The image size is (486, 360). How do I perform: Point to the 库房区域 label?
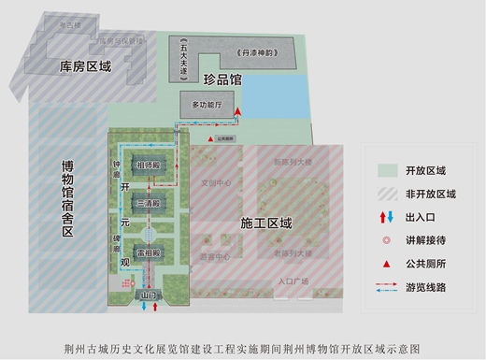(x=85, y=66)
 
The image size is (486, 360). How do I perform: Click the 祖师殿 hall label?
(x=149, y=166)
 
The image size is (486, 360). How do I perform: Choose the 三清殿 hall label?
(x=149, y=203)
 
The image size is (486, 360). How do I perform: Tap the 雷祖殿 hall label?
(x=149, y=252)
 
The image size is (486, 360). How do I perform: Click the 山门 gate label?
(x=148, y=297)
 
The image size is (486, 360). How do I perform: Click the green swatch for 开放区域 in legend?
(x=388, y=170)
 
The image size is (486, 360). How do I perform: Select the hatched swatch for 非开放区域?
(x=388, y=194)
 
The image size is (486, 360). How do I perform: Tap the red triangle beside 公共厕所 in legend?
(x=388, y=262)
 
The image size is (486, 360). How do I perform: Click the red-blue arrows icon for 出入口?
(x=388, y=217)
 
